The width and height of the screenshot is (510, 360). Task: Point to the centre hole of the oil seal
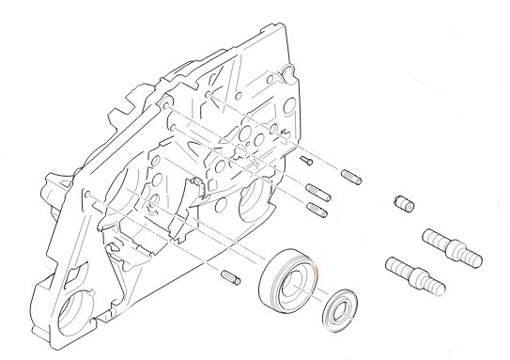coord(337,309)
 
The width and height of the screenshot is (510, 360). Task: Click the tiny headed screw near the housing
coord(306,162)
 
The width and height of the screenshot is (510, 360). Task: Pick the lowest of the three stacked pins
coord(317,210)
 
